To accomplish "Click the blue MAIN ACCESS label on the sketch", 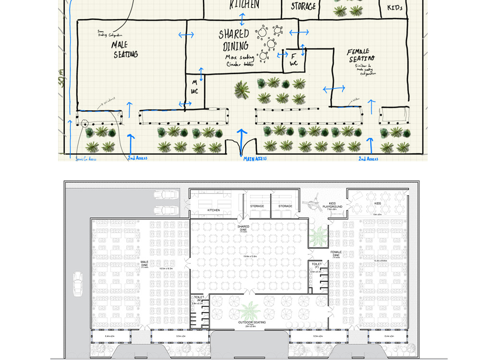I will (x=254, y=159).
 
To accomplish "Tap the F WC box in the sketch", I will (x=293, y=60).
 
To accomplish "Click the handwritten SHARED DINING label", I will (x=235, y=40).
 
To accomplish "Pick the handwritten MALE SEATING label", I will (x=126, y=49).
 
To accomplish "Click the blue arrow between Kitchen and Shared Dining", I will (x=242, y=19).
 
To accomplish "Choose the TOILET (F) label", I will (x=316, y=265).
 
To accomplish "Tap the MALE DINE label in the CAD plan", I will (x=144, y=264).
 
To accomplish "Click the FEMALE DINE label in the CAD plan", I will (x=336, y=253).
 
